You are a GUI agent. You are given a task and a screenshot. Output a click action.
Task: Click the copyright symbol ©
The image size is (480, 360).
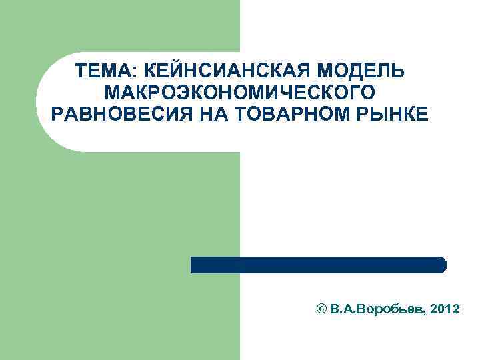[321, 310]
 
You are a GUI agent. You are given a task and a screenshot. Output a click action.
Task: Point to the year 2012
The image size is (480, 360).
[445, 310]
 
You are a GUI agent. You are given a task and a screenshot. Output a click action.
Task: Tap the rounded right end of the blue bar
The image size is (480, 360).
[442, 265]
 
